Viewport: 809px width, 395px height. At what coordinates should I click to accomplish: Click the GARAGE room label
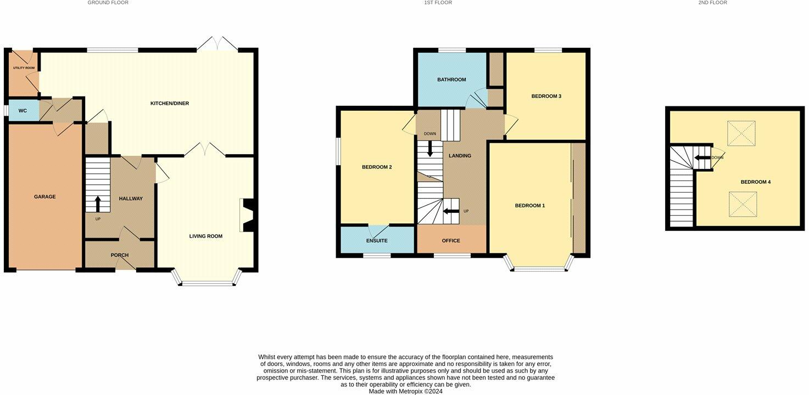(x=45, y=196)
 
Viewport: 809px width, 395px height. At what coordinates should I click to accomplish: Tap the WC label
(x=23, y=111)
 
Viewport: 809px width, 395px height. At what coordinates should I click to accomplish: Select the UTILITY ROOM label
(x=24, y=68)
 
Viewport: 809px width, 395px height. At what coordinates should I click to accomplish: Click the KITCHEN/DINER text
(x=170, y=104)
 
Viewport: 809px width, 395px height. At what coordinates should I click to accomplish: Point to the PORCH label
(x=120, y=255)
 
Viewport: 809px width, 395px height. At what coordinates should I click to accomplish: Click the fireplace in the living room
(x=247, y=216)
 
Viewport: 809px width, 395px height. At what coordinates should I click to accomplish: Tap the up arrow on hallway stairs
(x=98, y=204)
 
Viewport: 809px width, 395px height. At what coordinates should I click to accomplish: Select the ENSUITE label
(x=377, y=241)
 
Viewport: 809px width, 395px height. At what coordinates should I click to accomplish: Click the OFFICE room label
(x=451, y=241)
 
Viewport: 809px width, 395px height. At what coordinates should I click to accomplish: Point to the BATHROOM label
(x=451, y=80)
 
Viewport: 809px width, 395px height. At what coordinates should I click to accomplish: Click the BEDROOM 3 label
(x=546, y=96)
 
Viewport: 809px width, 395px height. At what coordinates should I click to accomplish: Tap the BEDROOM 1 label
(x=530, y=206)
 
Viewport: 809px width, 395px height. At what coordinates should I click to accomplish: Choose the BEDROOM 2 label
(x=377, y=167)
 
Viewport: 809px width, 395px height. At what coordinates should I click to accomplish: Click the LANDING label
(x=460, y=156)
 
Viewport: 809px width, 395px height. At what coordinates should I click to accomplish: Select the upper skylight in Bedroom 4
(x=741, y=133)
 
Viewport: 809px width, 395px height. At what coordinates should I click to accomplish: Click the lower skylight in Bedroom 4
(x=743, y=204)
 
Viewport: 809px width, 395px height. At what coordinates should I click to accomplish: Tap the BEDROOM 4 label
(x=756, y=182)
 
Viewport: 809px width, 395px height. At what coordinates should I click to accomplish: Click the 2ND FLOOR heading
(x=712, y=3)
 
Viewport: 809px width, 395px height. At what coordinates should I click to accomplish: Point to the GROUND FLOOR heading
(x=108, y=3)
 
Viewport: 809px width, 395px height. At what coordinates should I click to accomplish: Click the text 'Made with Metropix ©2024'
(x=405, y=391)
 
